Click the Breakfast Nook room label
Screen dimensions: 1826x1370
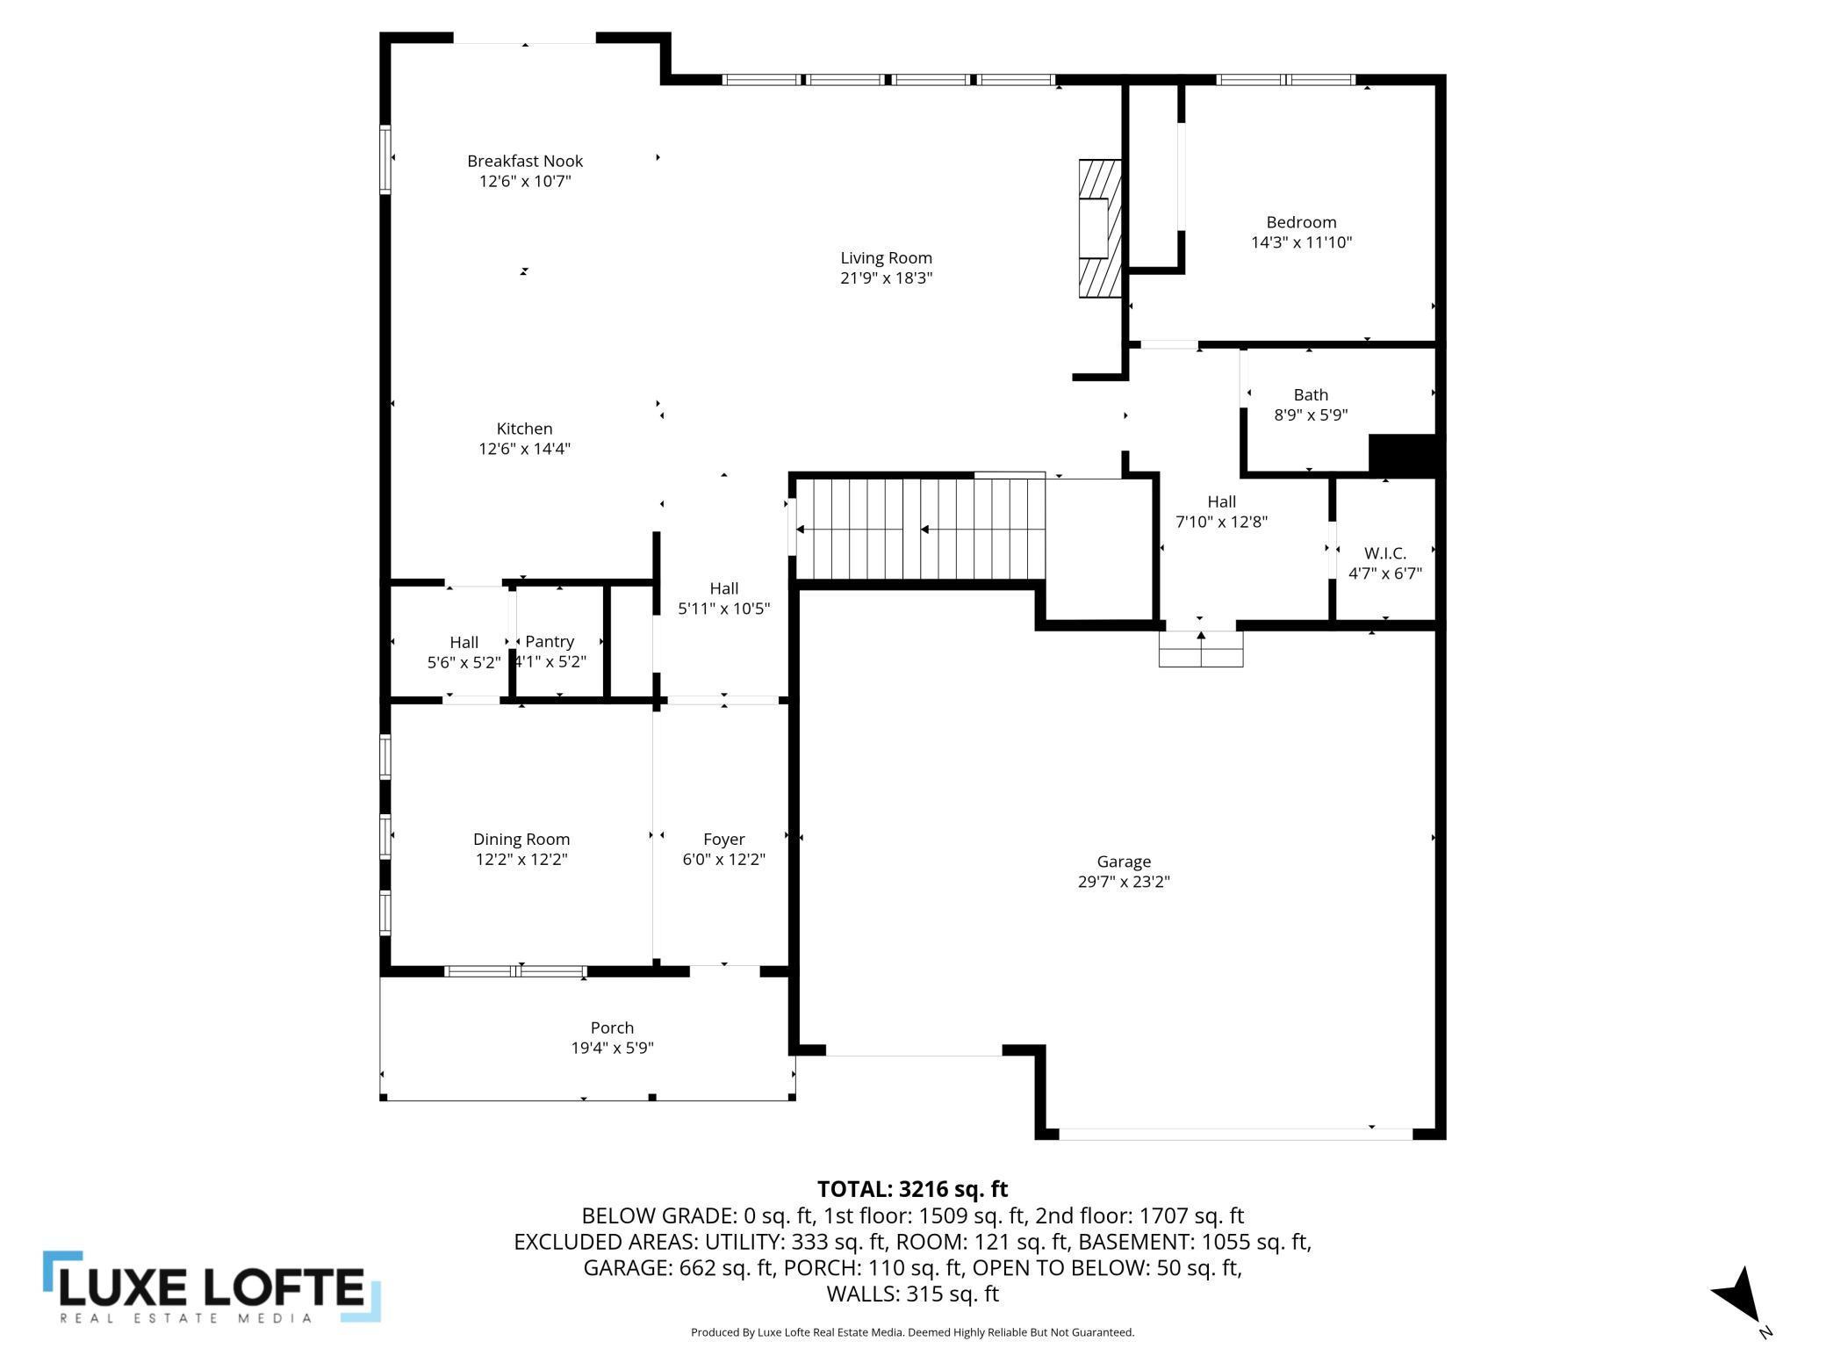click(525, 161)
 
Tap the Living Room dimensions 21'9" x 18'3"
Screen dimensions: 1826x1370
click(886, 278)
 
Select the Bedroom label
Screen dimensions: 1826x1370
click(1301, 222)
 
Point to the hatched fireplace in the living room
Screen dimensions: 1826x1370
click(1100, 228)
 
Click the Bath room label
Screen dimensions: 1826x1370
click(1311, 395)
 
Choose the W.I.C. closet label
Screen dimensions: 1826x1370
click(1385, 553)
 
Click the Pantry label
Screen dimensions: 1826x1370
click(550, 642)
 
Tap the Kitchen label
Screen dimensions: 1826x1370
click(524, 429)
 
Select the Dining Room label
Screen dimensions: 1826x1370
click(521, 840)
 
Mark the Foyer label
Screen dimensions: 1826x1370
click(723, 840)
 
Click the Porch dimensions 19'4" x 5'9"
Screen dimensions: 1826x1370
click(612, 1048)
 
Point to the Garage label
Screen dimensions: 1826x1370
click(1124, 862)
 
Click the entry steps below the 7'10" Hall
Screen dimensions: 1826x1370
click(1201, 649)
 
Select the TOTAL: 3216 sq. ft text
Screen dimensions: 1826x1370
click(912, 1189)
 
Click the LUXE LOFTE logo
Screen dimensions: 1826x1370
click(212, 1287)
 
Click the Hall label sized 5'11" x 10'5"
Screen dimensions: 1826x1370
click(723, 588)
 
